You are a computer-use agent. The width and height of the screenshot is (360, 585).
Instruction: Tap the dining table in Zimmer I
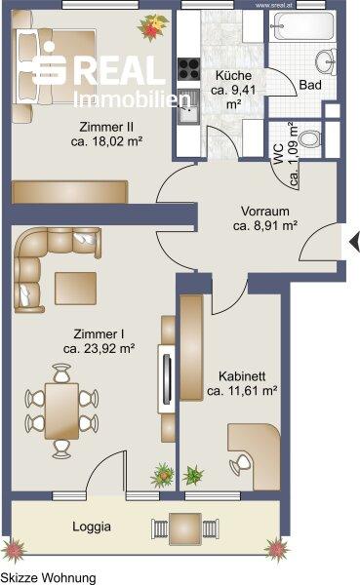coord(62,409)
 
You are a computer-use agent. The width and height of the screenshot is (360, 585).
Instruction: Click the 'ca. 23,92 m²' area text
coord(99,348)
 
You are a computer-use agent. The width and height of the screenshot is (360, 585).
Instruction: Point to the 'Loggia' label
coord(93,526)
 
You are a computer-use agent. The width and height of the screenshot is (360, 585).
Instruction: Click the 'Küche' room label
coord(235,75)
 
